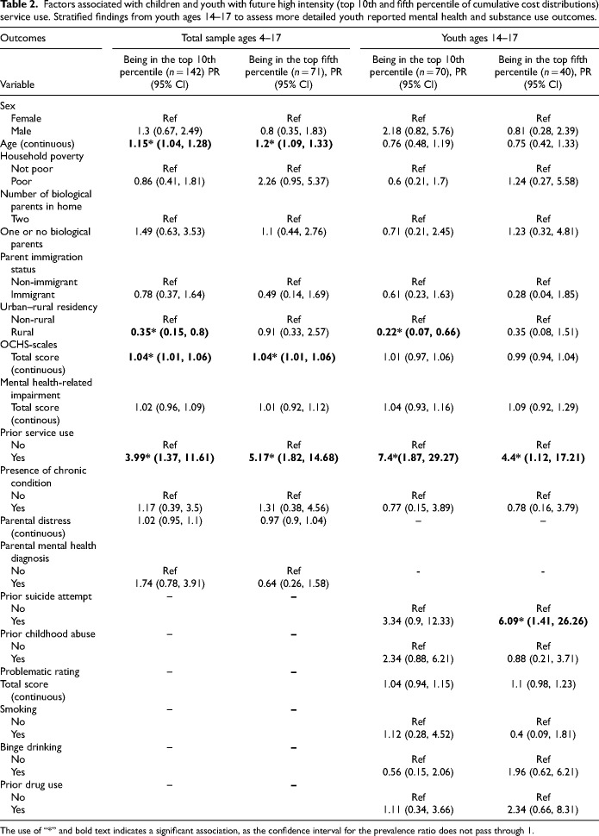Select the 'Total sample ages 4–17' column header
pyautogui.click(x=228, y=39)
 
